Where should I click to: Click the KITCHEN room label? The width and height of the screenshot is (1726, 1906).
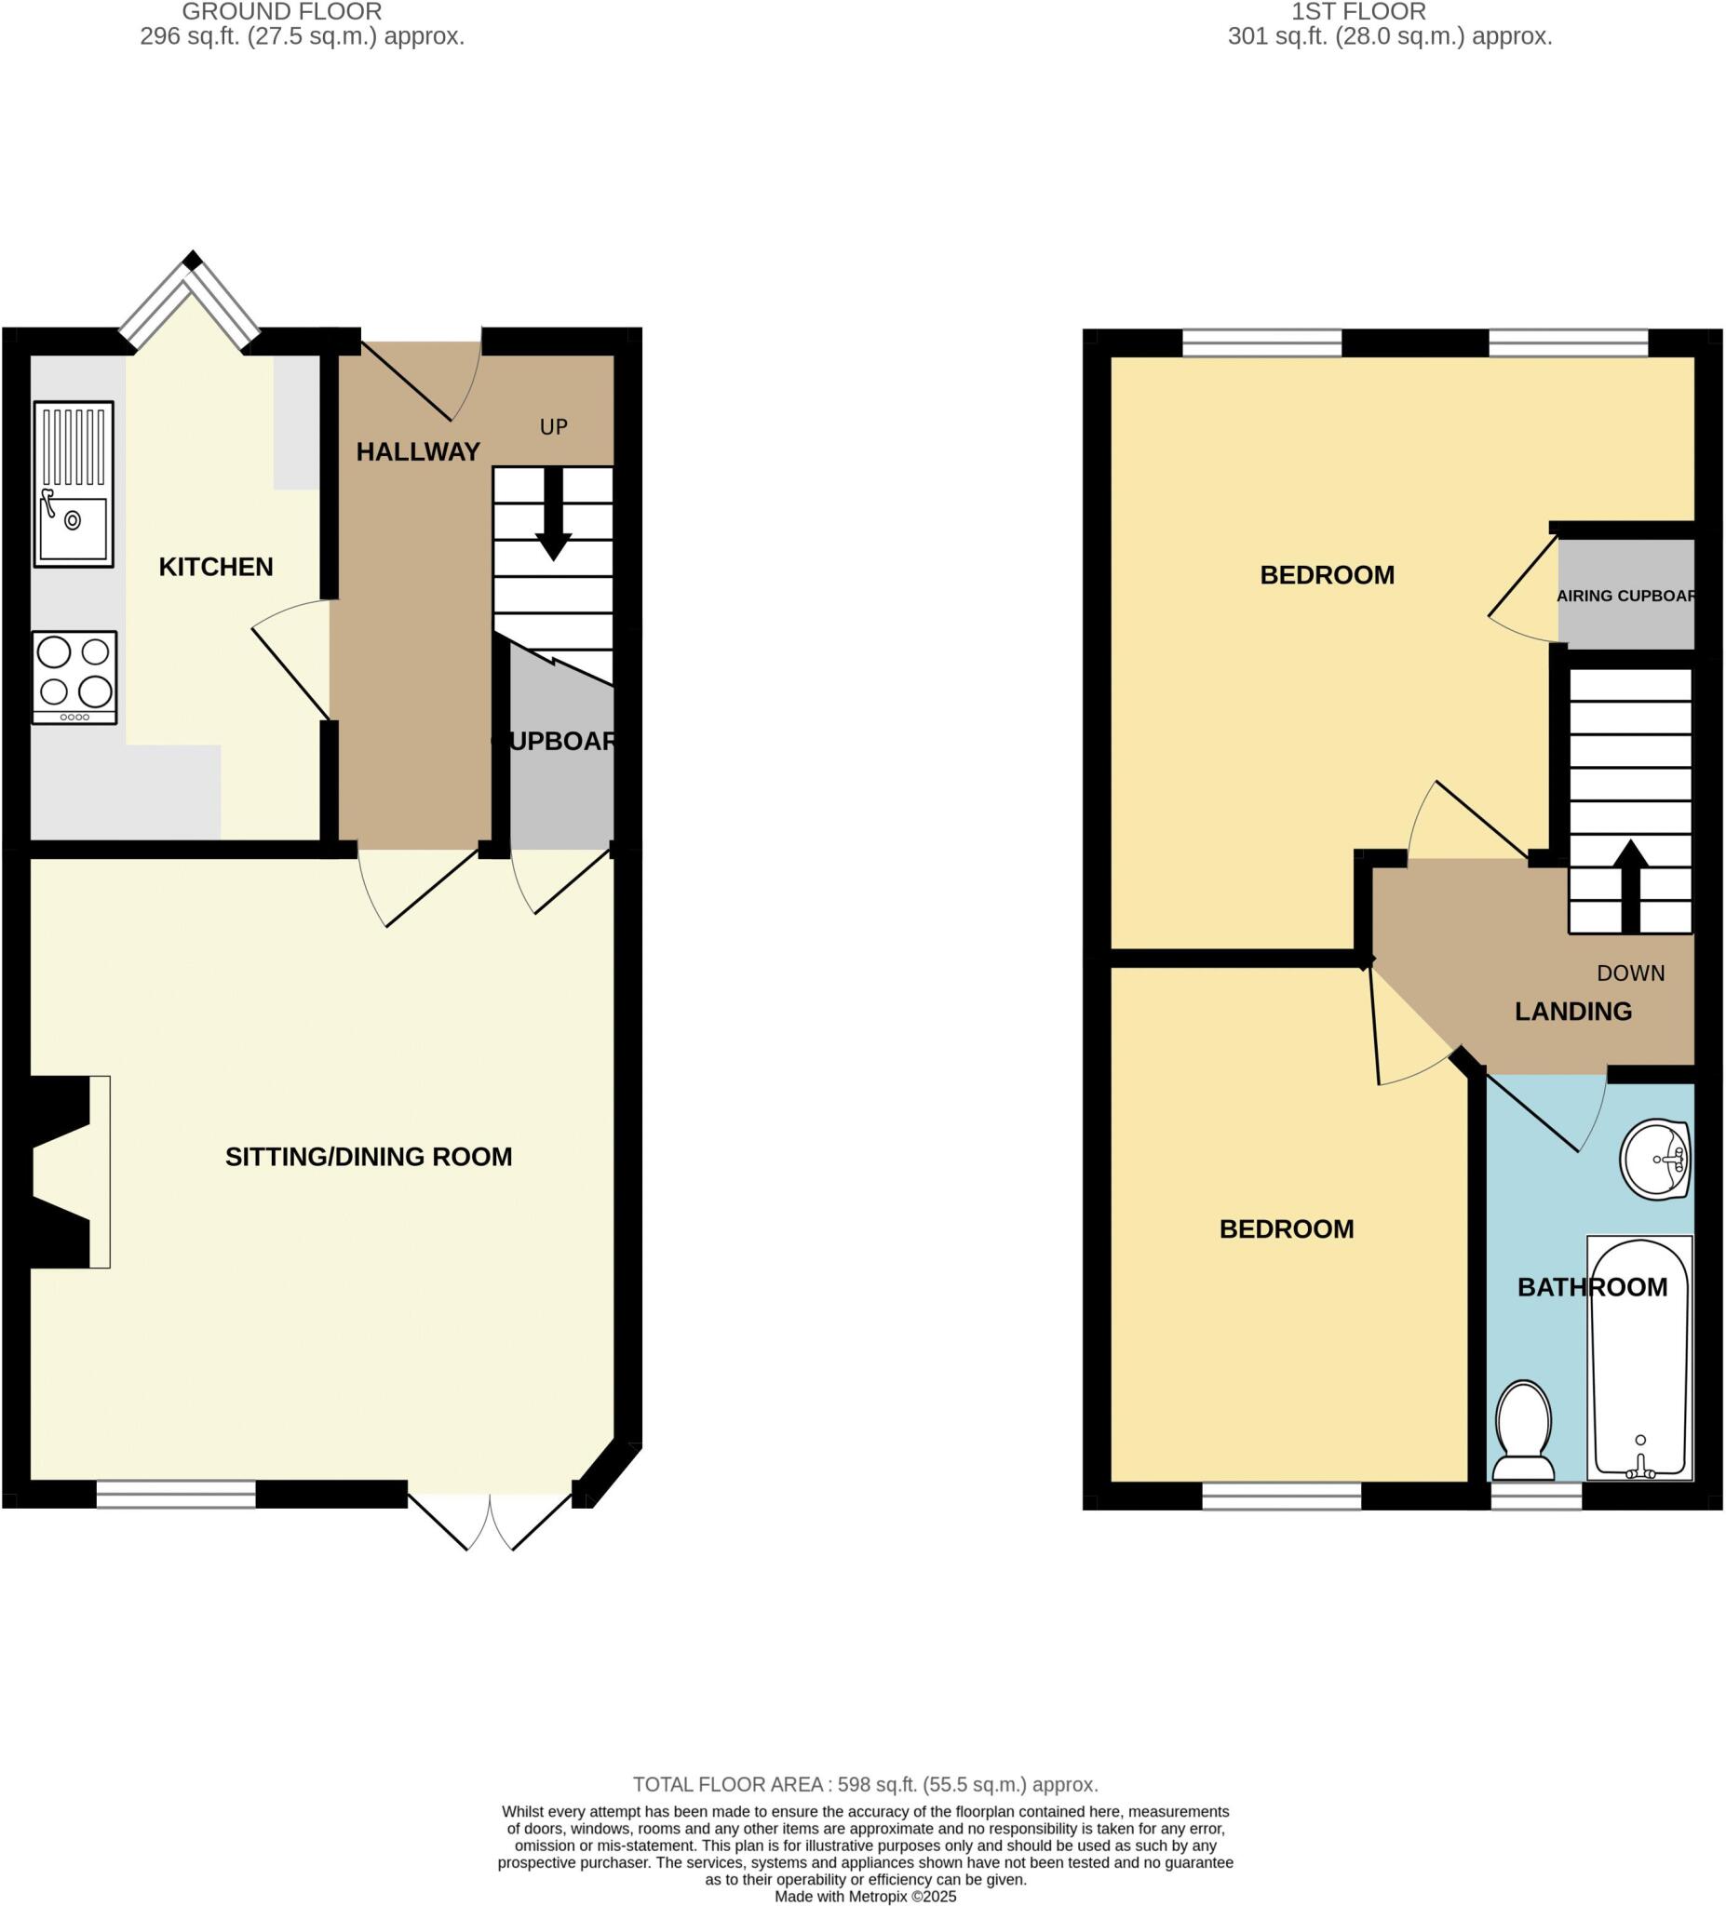pos(216,568)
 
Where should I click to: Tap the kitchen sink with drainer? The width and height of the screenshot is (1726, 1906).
pos(74,484)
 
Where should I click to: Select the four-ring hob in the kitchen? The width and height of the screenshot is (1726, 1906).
pos(74,677)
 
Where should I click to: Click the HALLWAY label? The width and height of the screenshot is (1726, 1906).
pos(418,452)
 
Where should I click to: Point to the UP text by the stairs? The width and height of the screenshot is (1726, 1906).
pos(553,427)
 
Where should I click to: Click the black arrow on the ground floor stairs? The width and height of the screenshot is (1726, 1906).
pos(553,516)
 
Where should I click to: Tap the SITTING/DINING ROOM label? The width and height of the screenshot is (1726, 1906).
pos(369,1157)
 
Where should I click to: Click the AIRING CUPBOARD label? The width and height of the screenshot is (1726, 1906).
pos(1625,597)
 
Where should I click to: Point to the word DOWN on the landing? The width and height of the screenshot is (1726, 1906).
pos(1630,973)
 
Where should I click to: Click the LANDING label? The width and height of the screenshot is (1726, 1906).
pos(1572,1012)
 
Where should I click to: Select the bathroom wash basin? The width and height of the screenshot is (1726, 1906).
pos(1654,1159)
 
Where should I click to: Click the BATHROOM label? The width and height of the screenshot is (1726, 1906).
pos(1592,1288)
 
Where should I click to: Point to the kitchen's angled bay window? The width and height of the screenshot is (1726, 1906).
pos(191,301)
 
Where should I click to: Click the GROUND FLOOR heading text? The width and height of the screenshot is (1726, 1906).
pos(282,12)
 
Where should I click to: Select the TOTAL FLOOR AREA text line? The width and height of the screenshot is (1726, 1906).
pos(865,1785)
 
